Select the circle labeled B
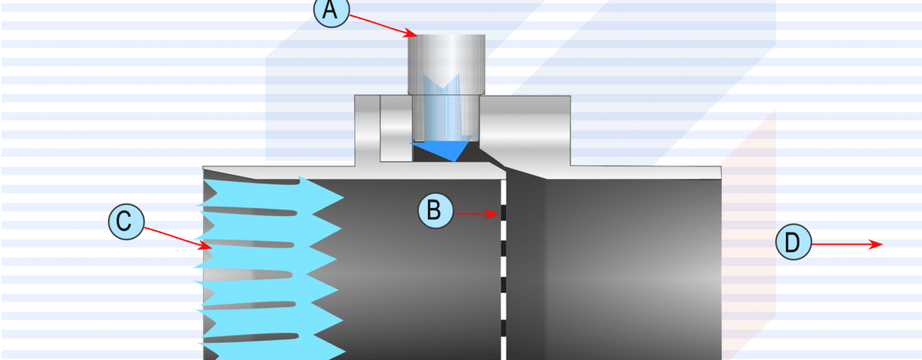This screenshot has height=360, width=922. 437,211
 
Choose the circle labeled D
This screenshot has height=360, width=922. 792,243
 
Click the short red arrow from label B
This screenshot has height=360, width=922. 475,212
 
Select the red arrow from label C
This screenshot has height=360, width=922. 176,237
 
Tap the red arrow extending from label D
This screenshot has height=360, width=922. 843,244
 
